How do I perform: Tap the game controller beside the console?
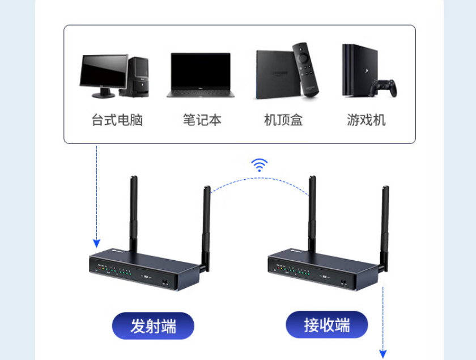pyautogui.click(x=384, y=87)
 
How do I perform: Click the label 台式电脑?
pyautogui.click(x=117, y=120)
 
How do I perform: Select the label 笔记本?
pyautogui.click(x=202, y=120)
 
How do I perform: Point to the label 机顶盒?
pyautogui.click(x=283, y=120)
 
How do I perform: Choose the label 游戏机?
pyautogui.click(x=366, y=120)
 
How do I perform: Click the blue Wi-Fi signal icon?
pyautogui.click(x=260, y=165)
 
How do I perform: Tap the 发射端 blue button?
pyautogui.click(x=153, y=326)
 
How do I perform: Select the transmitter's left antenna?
pyautogui.click(x=133, y=215)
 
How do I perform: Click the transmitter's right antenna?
pyautogui.click(x=206, y=227)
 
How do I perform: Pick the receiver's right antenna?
pyautogui.click(x=385, y=227)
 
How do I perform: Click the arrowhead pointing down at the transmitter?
pyautogui.click(x=96, y=243)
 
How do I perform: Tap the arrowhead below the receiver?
pyautogui.click(x=384, y=354)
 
